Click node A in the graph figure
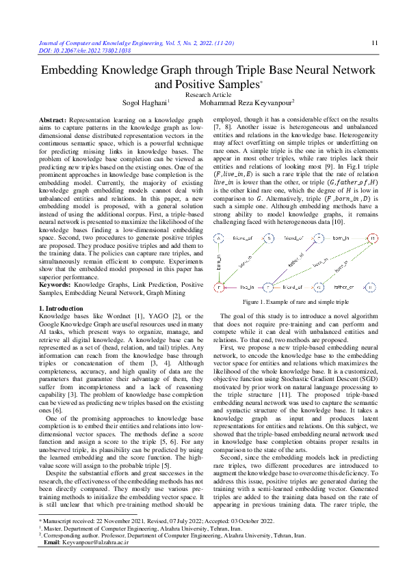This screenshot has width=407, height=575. coord(218,238)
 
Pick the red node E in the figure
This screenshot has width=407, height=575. coord(218,288)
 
